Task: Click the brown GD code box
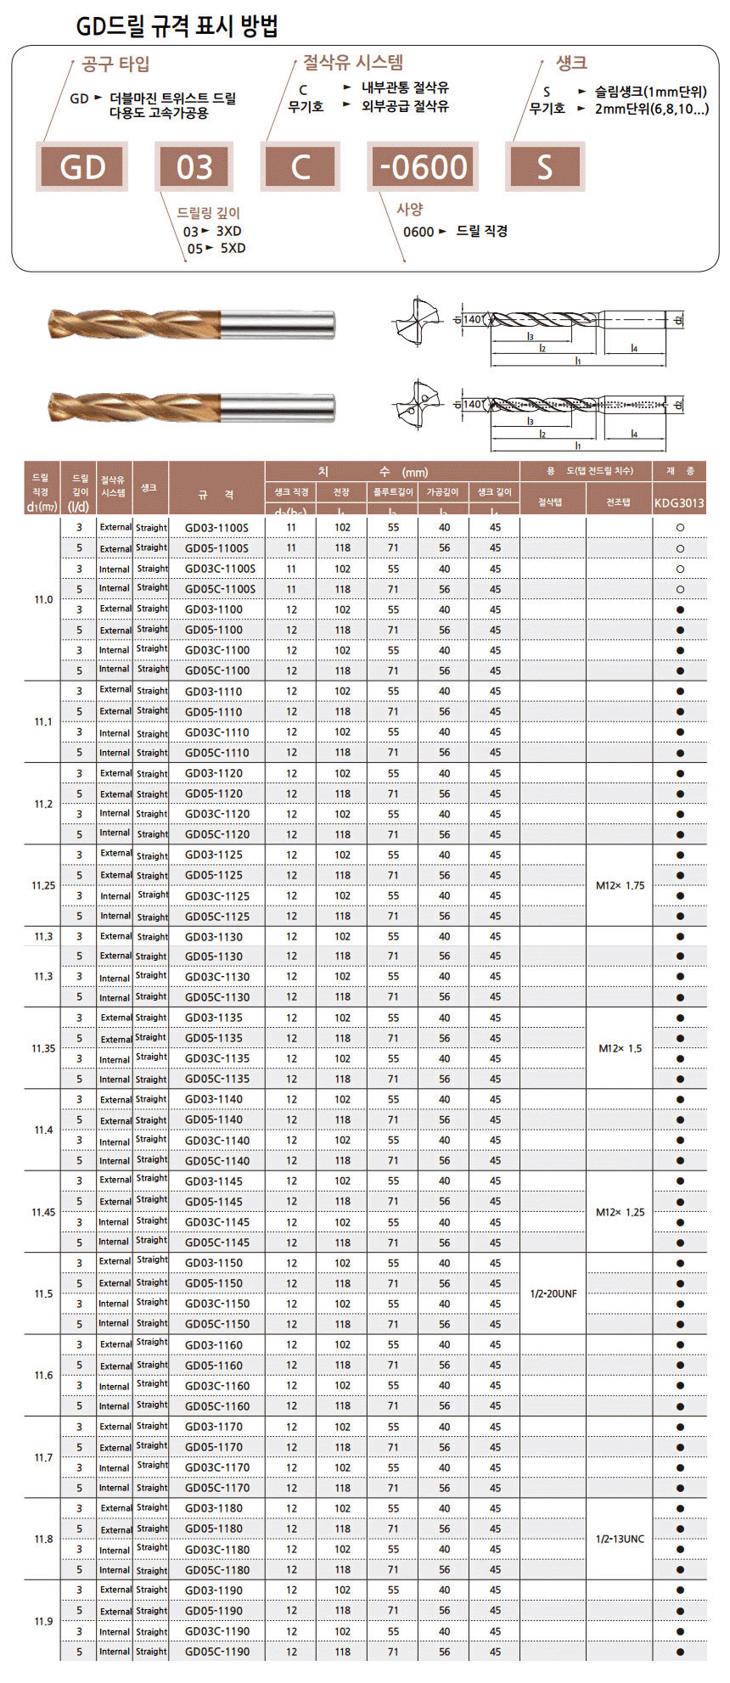click(x=82, y=166)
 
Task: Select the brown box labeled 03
click(x=194, y=166)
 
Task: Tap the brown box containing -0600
click(x=424, y=166)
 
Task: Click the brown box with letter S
click(x=544, y=166)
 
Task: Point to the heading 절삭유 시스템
click(x=353, y=62)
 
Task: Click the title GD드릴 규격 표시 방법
click(x=177, y=27)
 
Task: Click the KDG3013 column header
click(x=679, y=502)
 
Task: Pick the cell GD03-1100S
click(x=216, y=528)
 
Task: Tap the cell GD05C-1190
click(x=216, y=1652)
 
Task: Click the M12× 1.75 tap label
click(x=620, y=885)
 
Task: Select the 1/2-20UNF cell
click(x=553, y=1293)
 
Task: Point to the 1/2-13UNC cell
click(x=620, y=1539)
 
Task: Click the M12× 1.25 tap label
click(x=620, y=1212)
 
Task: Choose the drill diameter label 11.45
click(x=43, y=1212)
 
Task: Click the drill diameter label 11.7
click(x=43, y=1457)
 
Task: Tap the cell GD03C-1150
click(x=216, y=1304)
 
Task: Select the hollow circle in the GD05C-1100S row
click(x=680, y=589)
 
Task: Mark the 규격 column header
click(x=216, y=494)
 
